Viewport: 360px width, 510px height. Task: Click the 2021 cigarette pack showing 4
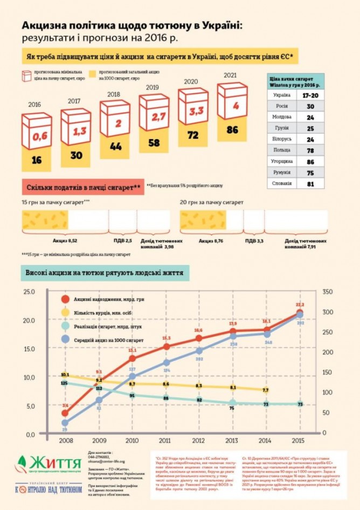click(x=235, y=105)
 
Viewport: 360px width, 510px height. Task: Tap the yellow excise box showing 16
click(x=37, y=160)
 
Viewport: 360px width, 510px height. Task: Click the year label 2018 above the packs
click(x=114, y=94)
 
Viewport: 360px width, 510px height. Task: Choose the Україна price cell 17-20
click(x=310, y=95)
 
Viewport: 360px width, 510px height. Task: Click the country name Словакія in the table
click(x=281, y=184)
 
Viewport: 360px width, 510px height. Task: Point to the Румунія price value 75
click(x=310, y=173)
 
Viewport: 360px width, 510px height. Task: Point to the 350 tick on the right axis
click(x=329, y=292)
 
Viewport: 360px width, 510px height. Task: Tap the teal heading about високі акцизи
click(x=104, y=273)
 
